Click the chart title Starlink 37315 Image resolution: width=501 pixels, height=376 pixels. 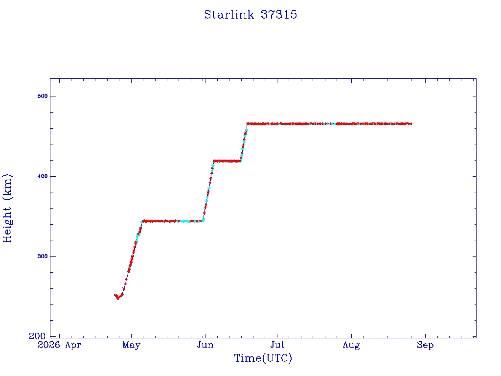(250, 15)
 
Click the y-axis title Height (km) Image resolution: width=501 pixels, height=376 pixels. (7, 208)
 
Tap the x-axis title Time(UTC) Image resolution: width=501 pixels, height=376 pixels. (263, 358)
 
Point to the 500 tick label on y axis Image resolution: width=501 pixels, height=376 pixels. (43, 96)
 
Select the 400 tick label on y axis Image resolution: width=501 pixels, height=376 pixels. (43, 176)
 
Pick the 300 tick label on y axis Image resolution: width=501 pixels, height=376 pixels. (43, 256)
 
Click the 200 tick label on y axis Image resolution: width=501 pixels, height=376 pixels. (37, 336)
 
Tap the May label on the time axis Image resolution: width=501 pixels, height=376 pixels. (131, 345)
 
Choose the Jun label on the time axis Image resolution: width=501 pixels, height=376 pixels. (205, 345)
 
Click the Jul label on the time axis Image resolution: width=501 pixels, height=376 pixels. (277, 345)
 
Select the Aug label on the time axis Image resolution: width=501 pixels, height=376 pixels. (351, 345)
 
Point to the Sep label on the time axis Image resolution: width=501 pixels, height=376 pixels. (425, 345)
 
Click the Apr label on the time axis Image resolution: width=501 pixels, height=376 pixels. (73, 345)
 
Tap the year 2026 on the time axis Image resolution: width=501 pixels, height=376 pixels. (48, 345)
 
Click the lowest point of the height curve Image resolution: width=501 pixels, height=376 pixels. (118, 298)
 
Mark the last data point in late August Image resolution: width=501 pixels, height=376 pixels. (411, 124)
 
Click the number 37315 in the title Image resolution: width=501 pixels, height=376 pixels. (279, 15)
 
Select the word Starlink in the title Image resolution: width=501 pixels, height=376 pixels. (229, 15)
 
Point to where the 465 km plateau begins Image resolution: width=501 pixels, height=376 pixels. (247, 124)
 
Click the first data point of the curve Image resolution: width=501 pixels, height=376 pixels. (115, 295)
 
